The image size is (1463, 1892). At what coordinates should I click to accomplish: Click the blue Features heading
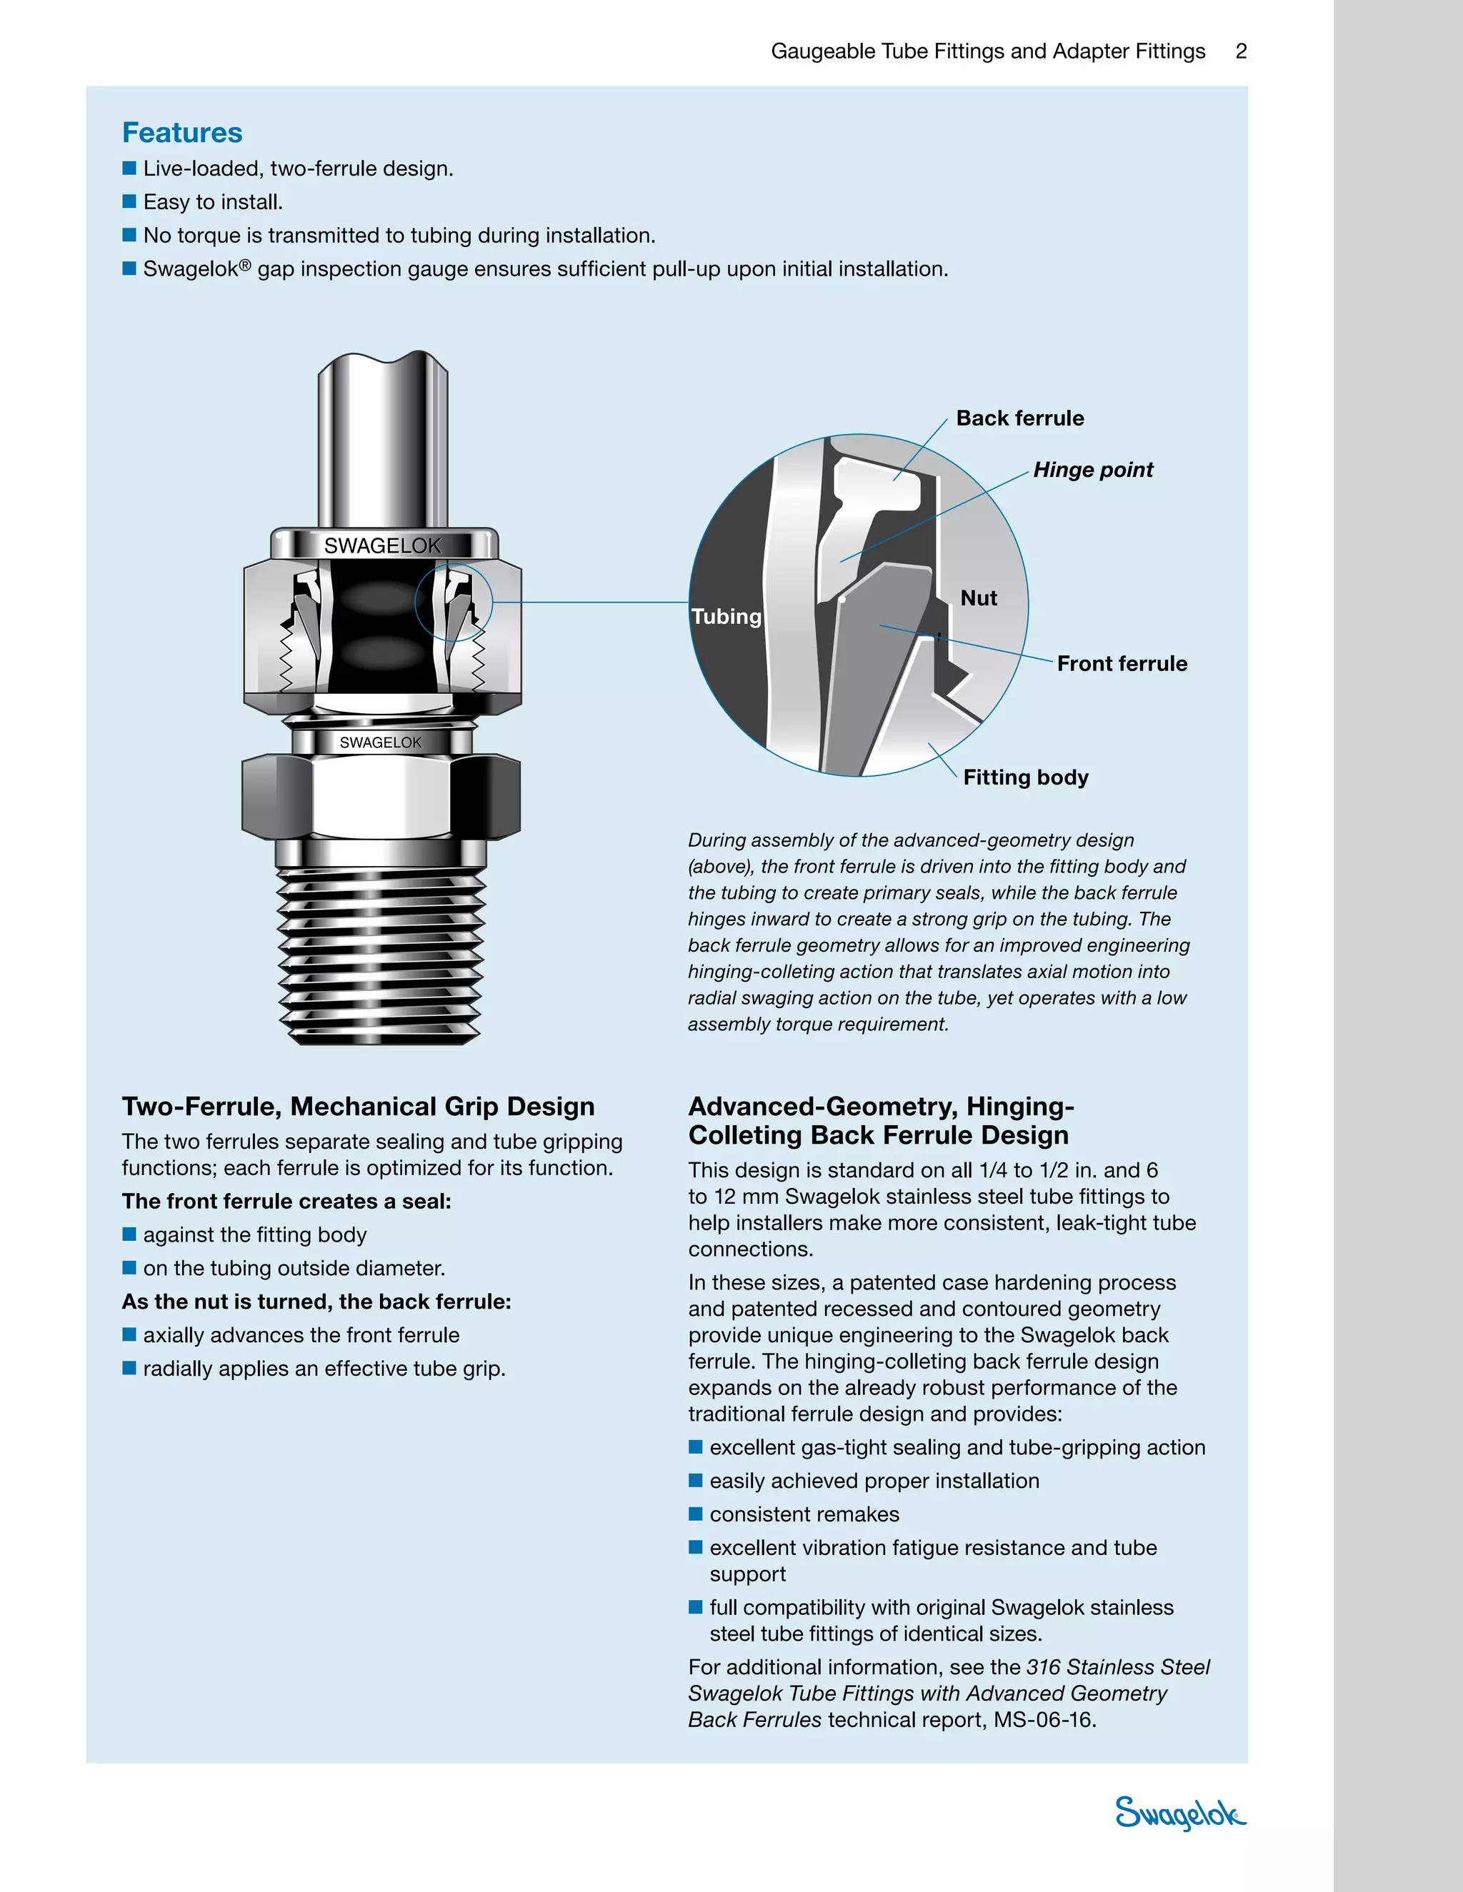(182, 133)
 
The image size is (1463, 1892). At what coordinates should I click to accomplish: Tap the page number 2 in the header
(1241, 51)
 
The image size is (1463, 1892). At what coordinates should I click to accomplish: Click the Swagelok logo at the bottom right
(1179, 1812)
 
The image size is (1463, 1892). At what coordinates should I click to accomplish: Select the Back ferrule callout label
(1020, 418)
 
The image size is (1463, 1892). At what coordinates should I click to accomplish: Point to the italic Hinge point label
(1093, 470)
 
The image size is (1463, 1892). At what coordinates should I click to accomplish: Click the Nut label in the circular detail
(979, 598)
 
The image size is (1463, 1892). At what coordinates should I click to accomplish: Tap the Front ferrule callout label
(1122, 663)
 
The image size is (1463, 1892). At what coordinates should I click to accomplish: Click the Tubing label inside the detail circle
(726, 617)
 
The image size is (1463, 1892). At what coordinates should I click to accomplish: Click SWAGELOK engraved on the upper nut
(382, 545)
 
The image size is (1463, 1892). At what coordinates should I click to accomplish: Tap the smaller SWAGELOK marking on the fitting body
(381, 743)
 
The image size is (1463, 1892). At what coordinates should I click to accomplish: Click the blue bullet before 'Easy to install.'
(129, 201)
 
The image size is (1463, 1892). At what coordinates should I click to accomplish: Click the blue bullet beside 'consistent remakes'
(695, 1514)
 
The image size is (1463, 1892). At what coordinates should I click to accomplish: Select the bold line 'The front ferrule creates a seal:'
(287, 1201)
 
